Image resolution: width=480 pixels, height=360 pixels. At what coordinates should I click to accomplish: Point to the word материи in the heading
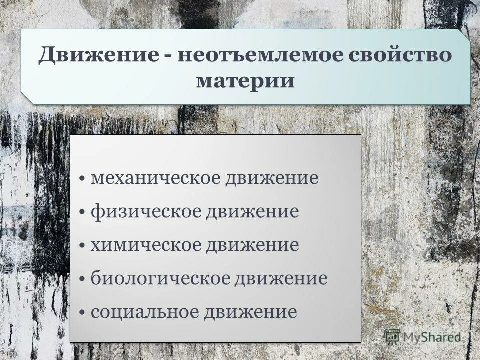[x=245, y=81]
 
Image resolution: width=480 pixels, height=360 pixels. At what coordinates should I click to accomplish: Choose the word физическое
[x=147, y=211]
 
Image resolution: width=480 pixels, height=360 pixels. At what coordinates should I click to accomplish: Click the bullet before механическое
[x=82, y=179]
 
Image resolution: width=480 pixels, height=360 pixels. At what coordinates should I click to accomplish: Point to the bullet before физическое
[x=82, y=212]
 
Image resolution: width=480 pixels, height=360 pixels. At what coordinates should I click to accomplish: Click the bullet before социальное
[x=82, y=313]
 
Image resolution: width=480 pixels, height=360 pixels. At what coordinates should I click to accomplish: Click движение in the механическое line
[x=273, y=179]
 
